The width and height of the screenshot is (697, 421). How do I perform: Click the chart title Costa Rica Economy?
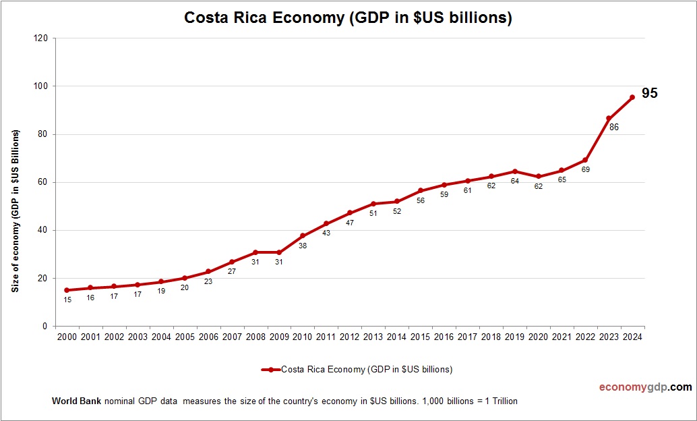click(348, 18)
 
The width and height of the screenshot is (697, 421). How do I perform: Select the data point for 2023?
click(609, 119)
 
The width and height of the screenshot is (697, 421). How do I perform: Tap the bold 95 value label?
click(649, 94)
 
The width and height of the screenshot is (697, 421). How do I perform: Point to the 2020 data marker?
click(538, 177)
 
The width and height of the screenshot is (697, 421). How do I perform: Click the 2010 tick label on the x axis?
click(302, 337)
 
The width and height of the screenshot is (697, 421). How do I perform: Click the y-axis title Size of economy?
click(15, 211)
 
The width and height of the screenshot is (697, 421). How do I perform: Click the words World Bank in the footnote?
click(76, 401)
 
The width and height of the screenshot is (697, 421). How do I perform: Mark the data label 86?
click(613, 127)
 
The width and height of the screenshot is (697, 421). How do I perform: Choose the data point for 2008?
click(255, 252)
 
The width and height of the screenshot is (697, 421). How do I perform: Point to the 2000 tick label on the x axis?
click(67, 337)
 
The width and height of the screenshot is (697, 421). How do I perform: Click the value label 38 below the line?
click(303, 246)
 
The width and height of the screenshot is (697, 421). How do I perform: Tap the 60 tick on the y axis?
click(41, 182)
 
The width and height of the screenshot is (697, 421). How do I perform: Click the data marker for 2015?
click(420, 191)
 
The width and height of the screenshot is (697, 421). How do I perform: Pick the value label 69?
click(585, 169)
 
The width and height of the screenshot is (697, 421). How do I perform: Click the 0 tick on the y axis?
click(44, 327)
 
